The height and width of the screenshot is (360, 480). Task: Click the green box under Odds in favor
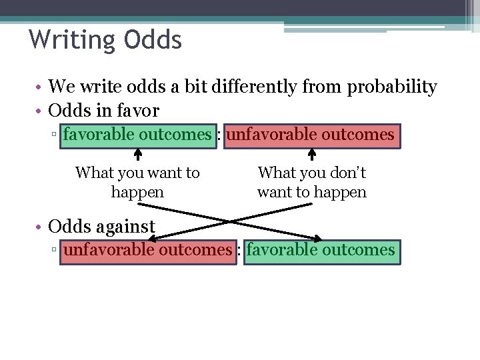pyautogui.click(x=137, y=135)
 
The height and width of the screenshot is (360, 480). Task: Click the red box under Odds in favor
pyautogui.click(x=311, y=135)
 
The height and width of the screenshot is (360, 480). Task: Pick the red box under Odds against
pyautogui.click(x=147, y=250)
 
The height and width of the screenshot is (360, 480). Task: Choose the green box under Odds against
pyautogui.click(x=321, y=250)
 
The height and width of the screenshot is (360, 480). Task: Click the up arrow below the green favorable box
pyautogui.click(x=138, y=155)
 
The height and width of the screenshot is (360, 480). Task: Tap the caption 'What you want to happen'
pyautogui.click(x=137, y=182)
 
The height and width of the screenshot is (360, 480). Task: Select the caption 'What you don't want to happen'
pyautogui.click(x=312, y=182)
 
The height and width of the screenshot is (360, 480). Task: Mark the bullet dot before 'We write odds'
pyautogui.click(x=40, y=87)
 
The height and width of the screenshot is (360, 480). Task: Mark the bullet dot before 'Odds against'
pyautogui.click(x=40, y=227)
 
